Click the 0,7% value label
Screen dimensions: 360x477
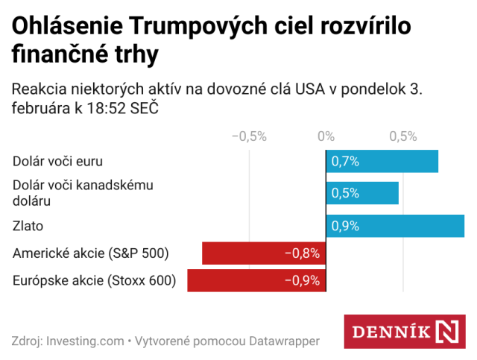[x=346, y=161]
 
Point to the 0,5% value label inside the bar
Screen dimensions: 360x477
[x=346, y=193]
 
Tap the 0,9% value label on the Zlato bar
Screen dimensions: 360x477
[x=346, y=226]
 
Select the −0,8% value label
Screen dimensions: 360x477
[x=302, y=253]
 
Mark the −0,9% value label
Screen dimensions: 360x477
[x=302, y=280]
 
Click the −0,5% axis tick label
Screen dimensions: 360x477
[x=249, y=136]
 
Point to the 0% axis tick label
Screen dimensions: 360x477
[x=326, y=136]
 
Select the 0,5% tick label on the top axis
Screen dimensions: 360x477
[x=402, y=136]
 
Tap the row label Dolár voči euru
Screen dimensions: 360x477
[x=57, y=161]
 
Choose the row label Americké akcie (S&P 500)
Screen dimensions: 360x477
[x=91, y=253]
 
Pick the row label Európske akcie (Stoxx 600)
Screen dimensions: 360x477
[x=95, y=280]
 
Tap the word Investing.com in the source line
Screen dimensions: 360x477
[x=85, y=341]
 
